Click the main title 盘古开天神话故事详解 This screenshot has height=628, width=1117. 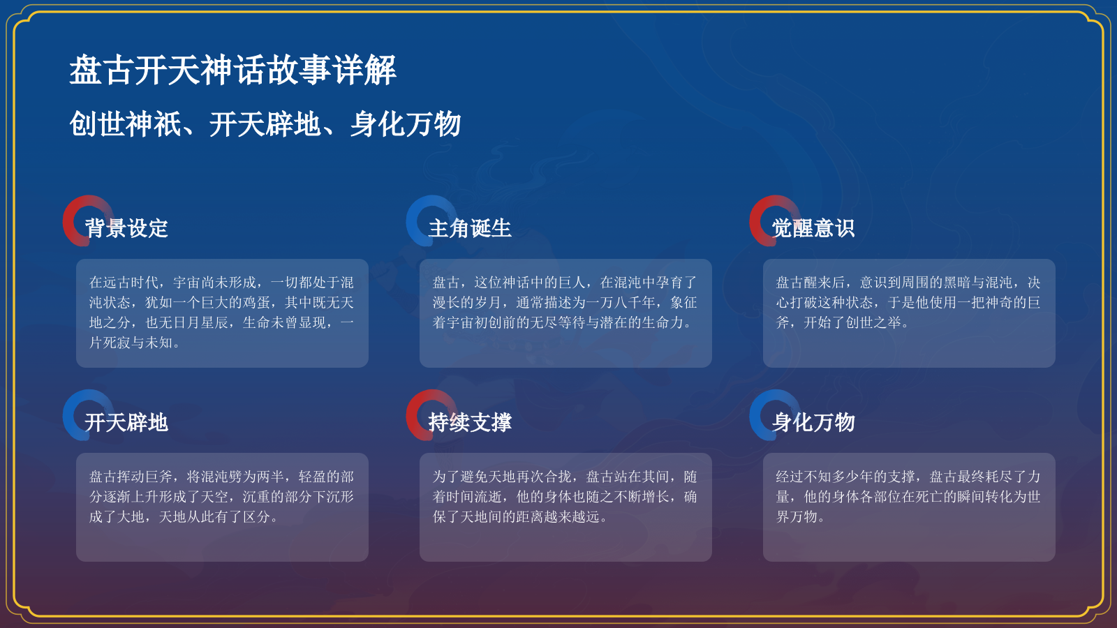coord(232,70)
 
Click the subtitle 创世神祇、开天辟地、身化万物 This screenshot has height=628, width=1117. coord(265,124)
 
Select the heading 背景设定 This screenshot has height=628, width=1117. coord(126,228)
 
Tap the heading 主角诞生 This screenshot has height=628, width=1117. coord(470,228)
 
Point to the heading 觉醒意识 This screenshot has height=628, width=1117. coord(813,228)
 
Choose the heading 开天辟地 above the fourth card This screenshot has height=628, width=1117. coord(126,422)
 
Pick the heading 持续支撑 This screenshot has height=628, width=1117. coord(470,422)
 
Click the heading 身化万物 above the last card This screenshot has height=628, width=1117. coord(813,422)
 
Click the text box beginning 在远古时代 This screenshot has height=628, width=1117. coord(222,313)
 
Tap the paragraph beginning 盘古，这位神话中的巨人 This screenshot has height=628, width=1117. coord(565,303)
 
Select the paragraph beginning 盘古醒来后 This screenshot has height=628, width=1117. coord(909,303)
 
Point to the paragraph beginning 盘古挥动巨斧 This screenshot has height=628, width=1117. coord(222,497)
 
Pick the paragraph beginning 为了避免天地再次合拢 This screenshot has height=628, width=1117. coord(565,497)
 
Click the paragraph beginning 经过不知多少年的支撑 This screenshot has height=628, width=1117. coord(909,497)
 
